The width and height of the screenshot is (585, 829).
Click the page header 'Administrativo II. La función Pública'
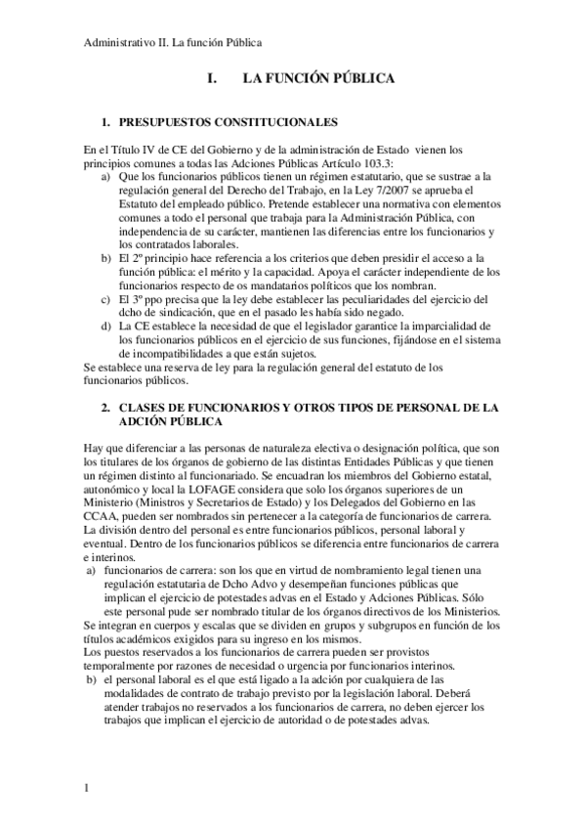tap(173, 43)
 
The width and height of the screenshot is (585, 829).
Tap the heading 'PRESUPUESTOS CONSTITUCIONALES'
tap(228, 123)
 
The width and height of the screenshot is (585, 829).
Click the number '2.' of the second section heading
tap(107, 405)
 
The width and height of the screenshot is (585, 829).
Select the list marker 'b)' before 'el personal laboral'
tap(92, 678)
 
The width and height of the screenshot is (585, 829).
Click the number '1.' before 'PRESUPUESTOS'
tap(107, 123)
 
